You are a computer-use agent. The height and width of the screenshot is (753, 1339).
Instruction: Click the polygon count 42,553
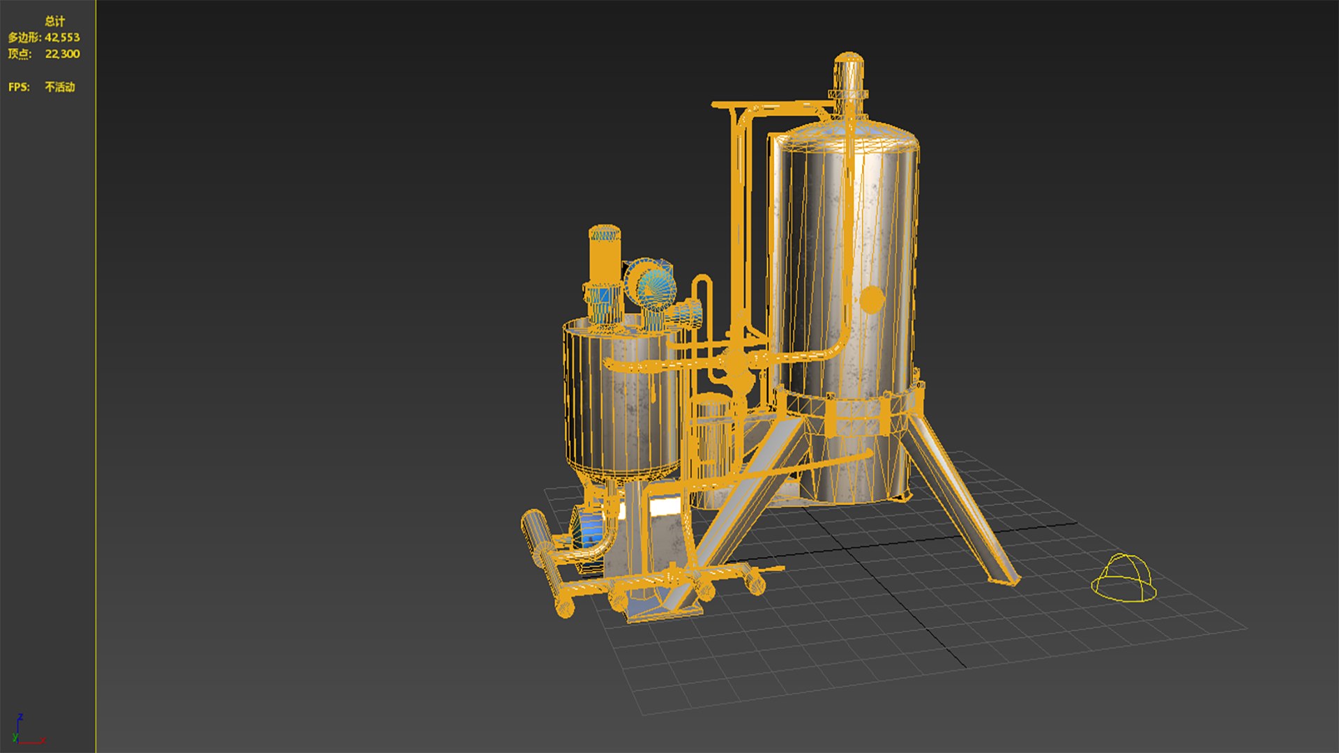pyautogui.click(x=62, y=38)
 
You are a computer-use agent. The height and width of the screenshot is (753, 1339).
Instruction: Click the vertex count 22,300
pyautogui.click(x=62, y=54)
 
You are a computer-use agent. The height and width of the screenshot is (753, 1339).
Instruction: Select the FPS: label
pyautogui.click(x=19, y=87)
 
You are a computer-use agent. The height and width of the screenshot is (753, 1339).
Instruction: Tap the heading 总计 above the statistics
pyautogui.click(x=54, y=22)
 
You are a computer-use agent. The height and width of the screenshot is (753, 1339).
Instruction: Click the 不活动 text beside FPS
pyautogui.click(x=60, y=87)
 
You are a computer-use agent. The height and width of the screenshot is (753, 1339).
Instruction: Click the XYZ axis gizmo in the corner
pyautogui.click(x=24, y=732)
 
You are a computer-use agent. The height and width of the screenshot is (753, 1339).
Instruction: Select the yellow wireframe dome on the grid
pyautogui.click(x=1123, y=579)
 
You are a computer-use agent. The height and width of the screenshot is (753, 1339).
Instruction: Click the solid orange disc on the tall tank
pyautogui.click(x=872, y=299)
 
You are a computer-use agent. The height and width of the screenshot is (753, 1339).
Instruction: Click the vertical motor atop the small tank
pyautogui.click(x=604, y=254)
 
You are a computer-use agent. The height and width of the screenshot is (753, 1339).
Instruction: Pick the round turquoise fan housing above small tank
pyautogui.click(x=651, y=286)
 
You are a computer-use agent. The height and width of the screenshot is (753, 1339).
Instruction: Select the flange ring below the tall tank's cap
pyautogui.click(x=848, y=94)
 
